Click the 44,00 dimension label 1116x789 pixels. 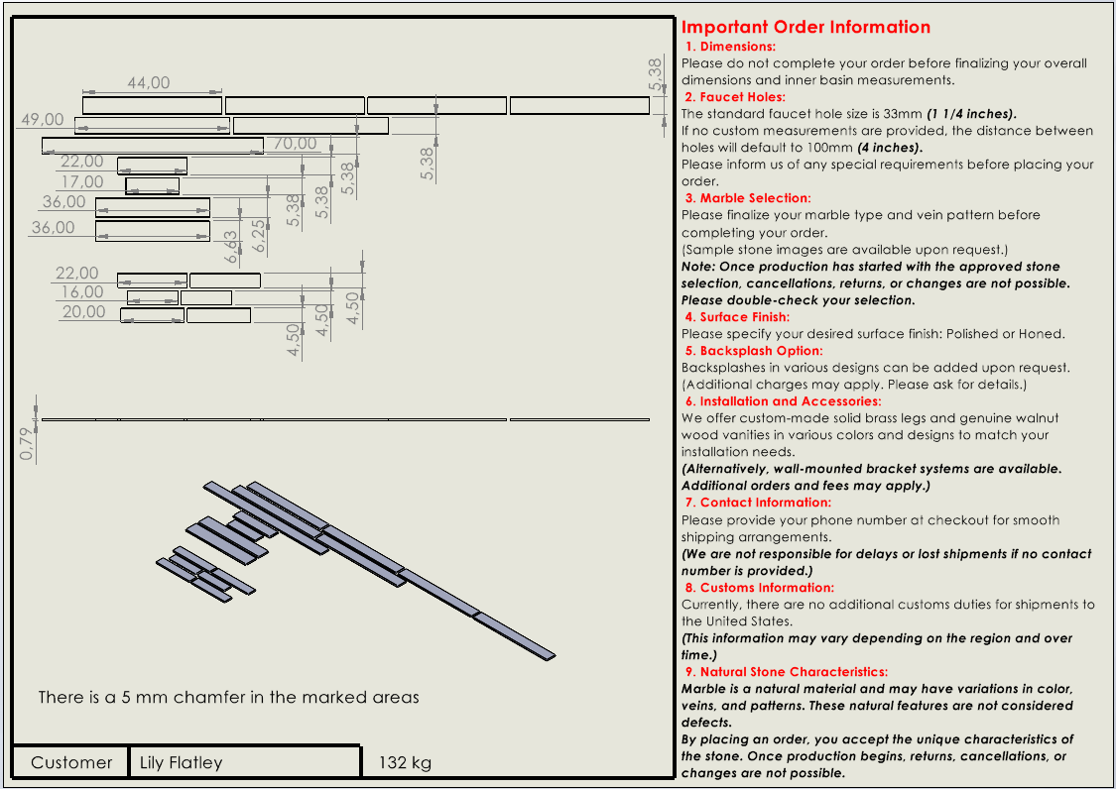pyautogui.click(x=148, y=83)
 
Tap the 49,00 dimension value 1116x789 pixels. pyautogui.click(x=43, y=120)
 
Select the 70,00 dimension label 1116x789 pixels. pyautogui.click(x=295, y=144)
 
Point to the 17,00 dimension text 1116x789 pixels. pyautogui.click(x=81, y=181)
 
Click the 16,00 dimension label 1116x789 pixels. pyautogui.click(x=81, y=292)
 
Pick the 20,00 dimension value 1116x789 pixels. pyautogui.click(x=83, y=312)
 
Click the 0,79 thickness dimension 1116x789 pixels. pyautogui.click(x=27, y=443)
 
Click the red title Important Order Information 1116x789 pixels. pyautogui.click(x=806, y=27)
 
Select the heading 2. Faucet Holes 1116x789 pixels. pyautogui.click(x=734, y=97)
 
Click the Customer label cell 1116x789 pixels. pyautogui.click(x=71, y=762)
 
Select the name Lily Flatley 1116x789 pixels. pyautogui.click(x=182, y=762)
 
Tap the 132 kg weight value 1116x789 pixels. pyautogui.click(x=405, y=762)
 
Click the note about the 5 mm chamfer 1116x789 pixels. pyautogui.click(x=228, y=698)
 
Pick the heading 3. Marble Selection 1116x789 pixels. pyautogui.click(x=747, y=198)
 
